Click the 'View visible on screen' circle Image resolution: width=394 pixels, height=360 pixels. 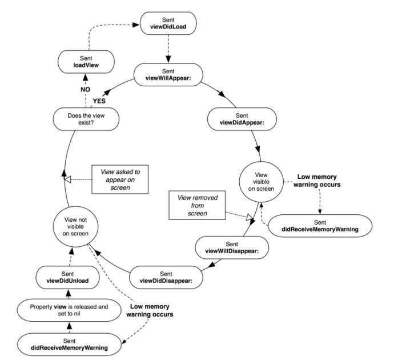coord(261,180)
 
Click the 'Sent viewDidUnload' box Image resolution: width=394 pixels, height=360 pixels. coord(69,276)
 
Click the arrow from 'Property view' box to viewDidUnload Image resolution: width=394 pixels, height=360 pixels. coord(69,293)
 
